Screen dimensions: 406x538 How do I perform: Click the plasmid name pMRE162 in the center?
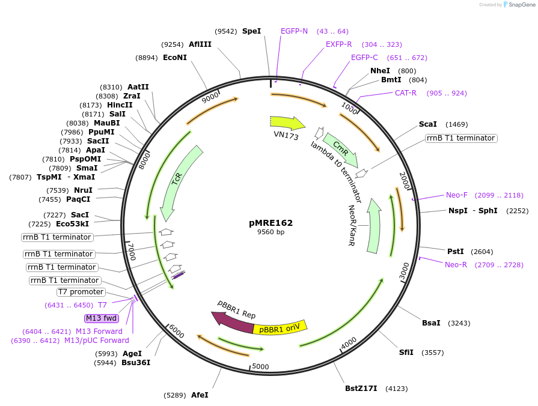(x=271, y=222)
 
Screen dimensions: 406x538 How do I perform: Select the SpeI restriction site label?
(x=251, y=31)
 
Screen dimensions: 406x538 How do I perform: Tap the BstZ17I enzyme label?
(x=361, y=389)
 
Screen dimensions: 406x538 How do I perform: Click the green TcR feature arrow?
(x=180, y=180)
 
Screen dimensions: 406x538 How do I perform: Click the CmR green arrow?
(x=340, y=150)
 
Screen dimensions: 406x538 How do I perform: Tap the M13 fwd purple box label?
(x=102, y=318)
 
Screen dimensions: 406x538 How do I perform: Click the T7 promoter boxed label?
(x=81, y=292)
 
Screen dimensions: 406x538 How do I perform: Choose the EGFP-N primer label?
(x=294, y=31)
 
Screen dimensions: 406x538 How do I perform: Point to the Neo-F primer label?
(x=456, y=195)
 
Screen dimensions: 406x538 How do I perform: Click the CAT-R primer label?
(x=406, y=93)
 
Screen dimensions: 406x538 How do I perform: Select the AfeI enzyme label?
(x=200, y=395)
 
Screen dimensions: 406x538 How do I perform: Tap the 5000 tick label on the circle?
(x=260, y=366)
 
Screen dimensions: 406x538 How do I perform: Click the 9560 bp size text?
(x=271, y=232)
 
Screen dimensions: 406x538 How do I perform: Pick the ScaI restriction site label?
(x=427, y=124)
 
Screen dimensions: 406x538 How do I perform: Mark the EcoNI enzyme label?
(x=175, y=58)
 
